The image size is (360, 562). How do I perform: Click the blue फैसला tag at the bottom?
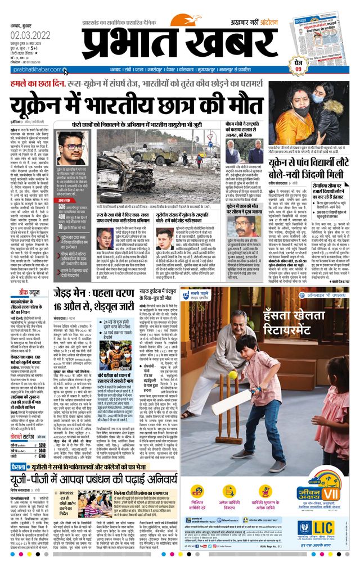coord(17,466)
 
